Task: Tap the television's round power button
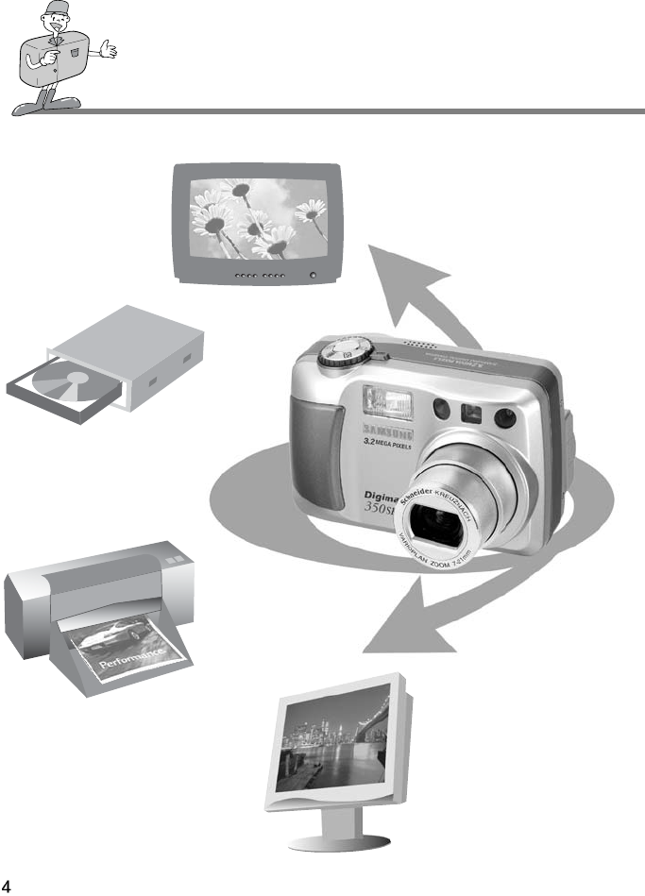pos(313,276)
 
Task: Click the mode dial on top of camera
pos(336,354)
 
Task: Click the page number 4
pos(8,887)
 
